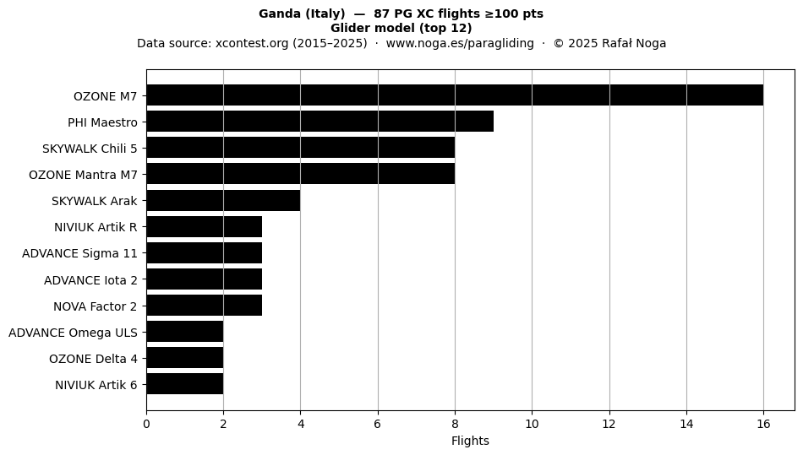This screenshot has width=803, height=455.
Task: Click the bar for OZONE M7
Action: click(455, 95)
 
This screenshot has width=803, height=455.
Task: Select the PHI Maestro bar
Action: click(320, 122)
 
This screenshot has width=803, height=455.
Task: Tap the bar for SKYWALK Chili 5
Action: click(301, 148)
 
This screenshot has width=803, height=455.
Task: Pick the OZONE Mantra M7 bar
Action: click(301, 174)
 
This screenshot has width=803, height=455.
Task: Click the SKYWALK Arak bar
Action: click(223, 200)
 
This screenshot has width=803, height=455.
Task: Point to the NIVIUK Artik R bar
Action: click(205, 226)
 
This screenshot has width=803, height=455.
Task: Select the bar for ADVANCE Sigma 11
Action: click(205, 252)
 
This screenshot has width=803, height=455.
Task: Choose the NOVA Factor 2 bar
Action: click(205, 306)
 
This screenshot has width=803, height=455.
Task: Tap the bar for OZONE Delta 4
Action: click(185, 358)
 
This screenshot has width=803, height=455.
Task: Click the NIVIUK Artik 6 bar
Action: click(185, 384)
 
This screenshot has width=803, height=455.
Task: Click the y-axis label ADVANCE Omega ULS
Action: click(74, 333)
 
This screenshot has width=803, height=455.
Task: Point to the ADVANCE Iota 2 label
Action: click(90, 280)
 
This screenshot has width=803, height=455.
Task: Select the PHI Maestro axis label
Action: click(103, 122)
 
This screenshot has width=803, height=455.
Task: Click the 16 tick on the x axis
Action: click(763, 424)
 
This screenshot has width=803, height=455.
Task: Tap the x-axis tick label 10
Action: click(532, 424)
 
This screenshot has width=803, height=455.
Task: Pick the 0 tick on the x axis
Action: click(146, 424)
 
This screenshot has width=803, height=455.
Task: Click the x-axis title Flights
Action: click(470, 441)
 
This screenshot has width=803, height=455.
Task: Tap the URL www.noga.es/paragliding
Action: click(460, 43)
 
